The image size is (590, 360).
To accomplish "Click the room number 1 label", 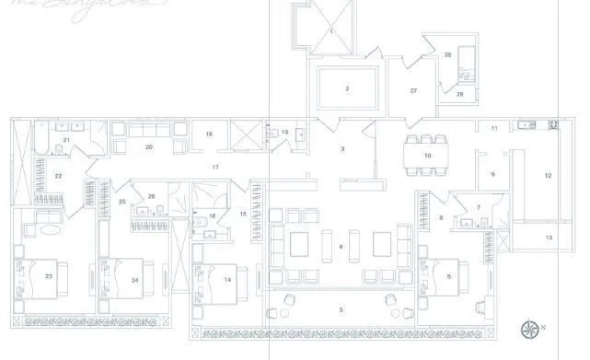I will point(330,32).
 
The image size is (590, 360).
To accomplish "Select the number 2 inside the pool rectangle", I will point(347,88).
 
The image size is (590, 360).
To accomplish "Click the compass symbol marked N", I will point(532,327).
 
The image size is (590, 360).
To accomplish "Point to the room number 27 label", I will point(413,90).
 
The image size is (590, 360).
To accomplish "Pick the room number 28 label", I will point(447,55).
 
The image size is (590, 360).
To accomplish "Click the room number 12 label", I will point(548,175).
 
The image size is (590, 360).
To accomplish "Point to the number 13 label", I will point(549,238).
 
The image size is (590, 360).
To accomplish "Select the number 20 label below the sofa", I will point(148,146).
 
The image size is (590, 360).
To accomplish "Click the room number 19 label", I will point(209,134).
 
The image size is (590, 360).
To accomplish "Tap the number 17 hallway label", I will point(214,167).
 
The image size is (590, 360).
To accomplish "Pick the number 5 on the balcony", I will point(341,309).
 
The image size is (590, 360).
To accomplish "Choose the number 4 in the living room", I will point(341,246).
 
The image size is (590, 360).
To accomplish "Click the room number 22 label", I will point(57,175).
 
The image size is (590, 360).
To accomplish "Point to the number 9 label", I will point(492,173).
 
